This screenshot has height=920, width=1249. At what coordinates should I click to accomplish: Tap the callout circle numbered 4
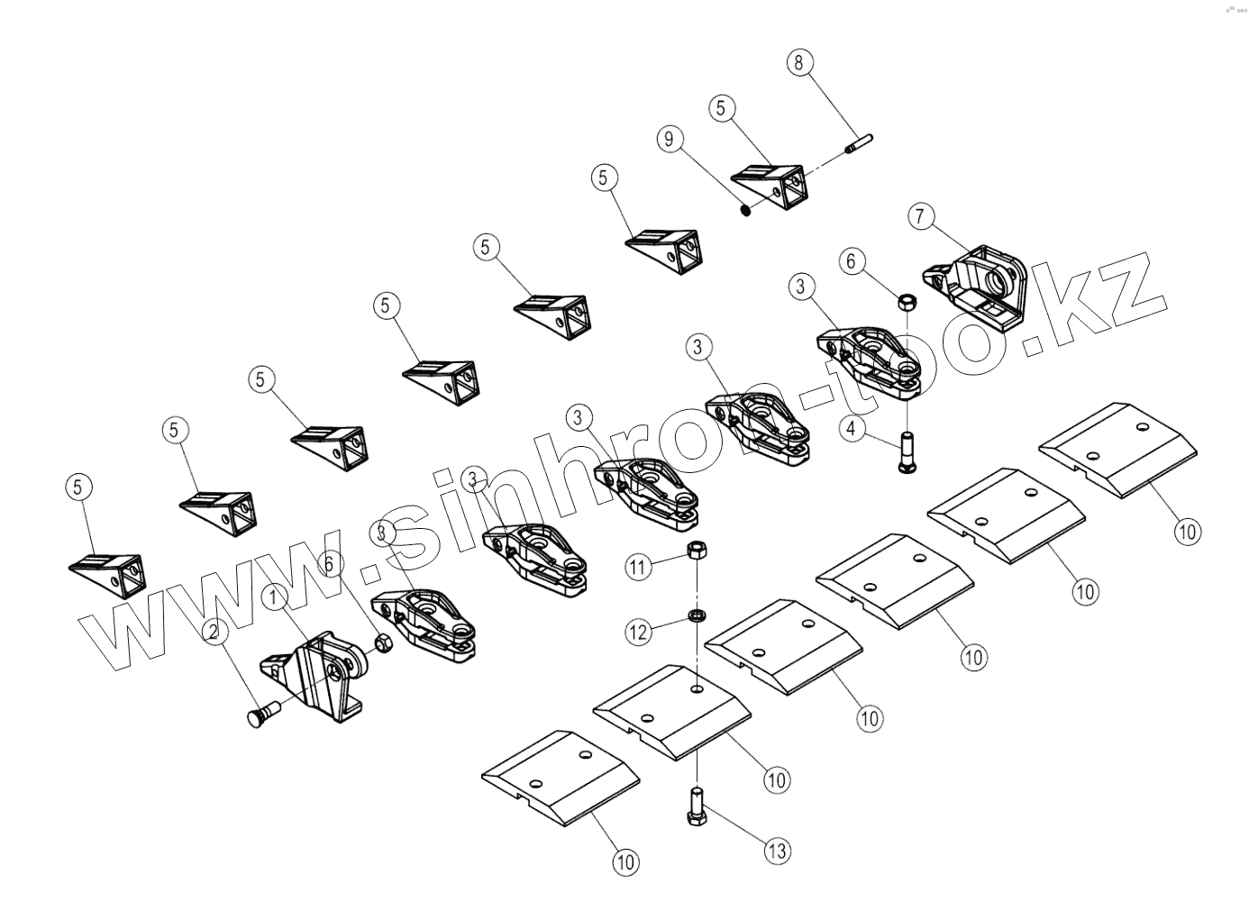click(852, 429)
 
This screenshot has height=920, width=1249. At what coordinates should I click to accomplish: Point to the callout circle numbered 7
click(921, 216)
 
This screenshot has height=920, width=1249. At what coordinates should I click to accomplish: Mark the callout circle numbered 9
click(669, 139)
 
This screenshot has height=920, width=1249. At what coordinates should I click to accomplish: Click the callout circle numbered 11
click(638, 567)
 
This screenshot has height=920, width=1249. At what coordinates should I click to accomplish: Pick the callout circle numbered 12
click(638, 633)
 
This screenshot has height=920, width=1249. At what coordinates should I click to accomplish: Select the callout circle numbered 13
click(777, 850)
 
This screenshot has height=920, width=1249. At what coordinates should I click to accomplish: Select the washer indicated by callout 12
click(697, 615)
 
